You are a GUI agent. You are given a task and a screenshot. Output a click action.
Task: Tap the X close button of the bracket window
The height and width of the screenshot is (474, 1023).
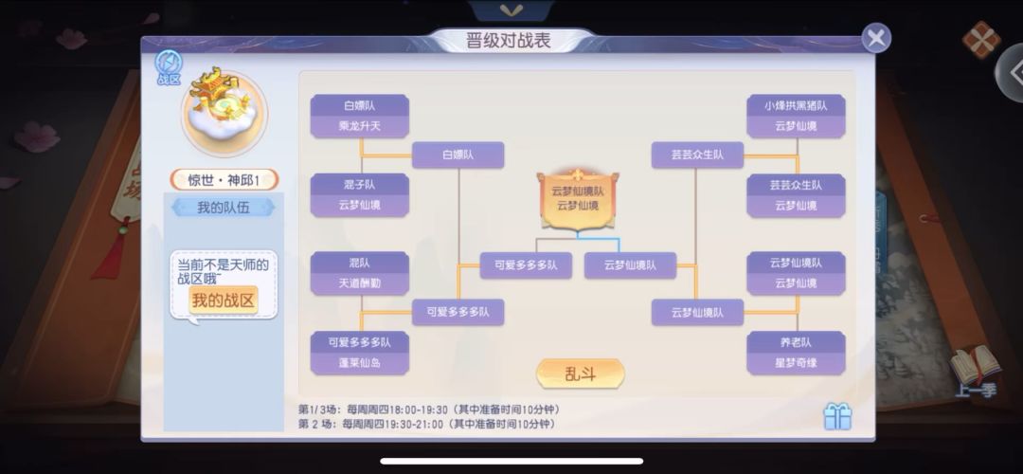[876, 38]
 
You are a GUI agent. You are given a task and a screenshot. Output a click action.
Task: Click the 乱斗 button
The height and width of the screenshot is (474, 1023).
[580, 374]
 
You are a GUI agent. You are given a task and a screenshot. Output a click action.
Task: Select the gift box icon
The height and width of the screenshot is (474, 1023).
[837, 416]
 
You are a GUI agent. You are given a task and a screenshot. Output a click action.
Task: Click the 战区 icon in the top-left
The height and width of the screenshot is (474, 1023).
[169, 68]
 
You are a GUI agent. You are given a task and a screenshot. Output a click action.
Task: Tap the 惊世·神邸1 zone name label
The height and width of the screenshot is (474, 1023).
[224, 179]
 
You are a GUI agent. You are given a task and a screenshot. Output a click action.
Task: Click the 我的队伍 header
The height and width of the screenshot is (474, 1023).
[224, 208]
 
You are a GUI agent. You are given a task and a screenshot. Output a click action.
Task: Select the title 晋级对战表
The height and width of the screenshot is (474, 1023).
[509, 41]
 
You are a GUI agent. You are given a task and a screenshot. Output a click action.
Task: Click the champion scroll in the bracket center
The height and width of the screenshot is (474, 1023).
[578, 200]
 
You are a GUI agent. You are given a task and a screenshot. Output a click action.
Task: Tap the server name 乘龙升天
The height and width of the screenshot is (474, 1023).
[360, 126]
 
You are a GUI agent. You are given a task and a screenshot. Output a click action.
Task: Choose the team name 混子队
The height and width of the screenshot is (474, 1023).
[360, 185]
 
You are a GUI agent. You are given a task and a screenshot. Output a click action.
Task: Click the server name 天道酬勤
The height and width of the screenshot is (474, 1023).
[360, 283]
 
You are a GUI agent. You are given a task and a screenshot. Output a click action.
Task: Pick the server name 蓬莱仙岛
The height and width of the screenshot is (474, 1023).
[360, 362]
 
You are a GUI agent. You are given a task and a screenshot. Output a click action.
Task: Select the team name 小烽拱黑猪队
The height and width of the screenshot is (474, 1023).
[796, 106]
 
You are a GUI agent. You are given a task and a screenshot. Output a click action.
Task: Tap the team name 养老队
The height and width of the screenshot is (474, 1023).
[796, 342]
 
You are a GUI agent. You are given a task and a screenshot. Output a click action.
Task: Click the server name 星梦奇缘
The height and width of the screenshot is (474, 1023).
[796, 362]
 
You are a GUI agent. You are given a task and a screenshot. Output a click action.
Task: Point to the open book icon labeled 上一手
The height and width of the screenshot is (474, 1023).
[976, 371]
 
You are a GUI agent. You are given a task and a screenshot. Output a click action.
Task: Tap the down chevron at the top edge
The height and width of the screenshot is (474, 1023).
[511, 10]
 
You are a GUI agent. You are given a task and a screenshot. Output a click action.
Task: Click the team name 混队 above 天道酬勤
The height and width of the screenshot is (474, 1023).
[360, 264]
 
